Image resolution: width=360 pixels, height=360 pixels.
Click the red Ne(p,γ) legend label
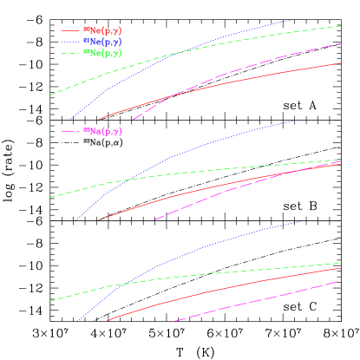103,30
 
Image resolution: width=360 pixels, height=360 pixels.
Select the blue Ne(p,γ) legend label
103,42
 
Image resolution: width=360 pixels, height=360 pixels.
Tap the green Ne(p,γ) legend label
103,53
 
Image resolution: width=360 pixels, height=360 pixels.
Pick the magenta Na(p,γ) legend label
103,131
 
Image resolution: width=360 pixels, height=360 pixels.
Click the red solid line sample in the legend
71,30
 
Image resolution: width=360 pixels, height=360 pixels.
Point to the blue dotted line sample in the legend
71,42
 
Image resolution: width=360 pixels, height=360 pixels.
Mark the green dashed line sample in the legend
71,53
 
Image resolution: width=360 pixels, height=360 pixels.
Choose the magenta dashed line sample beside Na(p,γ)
71,131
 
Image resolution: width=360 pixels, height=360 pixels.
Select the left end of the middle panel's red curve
99,219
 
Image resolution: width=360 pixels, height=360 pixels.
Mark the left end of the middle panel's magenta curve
154,219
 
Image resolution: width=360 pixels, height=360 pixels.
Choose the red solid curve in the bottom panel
217,289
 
